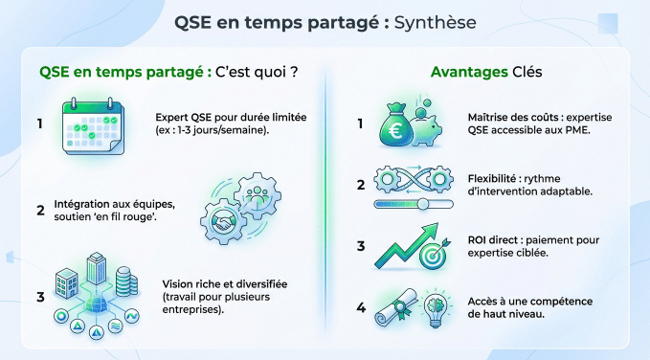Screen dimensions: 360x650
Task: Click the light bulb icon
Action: (435, 306)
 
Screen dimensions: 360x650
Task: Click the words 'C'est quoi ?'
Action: (257, 72)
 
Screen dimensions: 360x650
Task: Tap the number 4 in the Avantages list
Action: (360, 307)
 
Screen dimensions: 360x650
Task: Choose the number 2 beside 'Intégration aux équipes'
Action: (41, 209)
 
